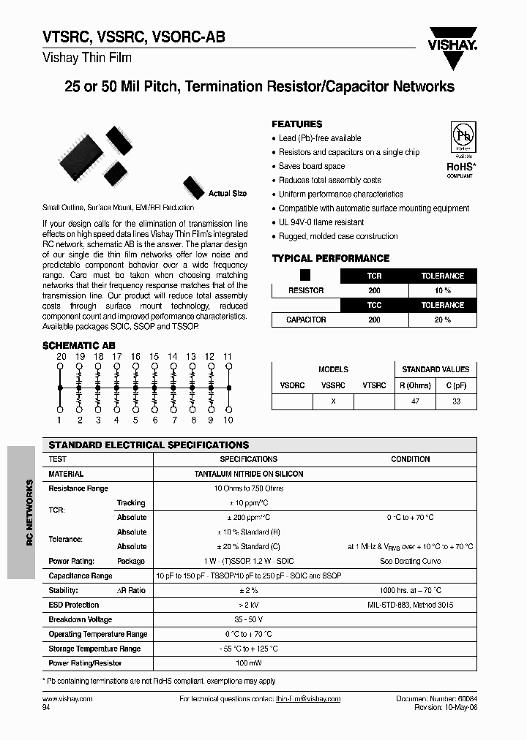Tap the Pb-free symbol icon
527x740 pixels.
click(x=462, y=137)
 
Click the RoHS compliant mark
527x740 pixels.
click(x=461, y=167)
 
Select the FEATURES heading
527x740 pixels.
click(x=296, y=124)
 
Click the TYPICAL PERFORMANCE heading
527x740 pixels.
click(x=330, y=258)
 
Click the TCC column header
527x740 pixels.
click(x=374, y=305)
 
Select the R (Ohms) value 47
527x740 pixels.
click(x=415, y=401)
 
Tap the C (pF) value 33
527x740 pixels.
click(x=457, y=401)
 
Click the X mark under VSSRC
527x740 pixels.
click(x=333, y=401)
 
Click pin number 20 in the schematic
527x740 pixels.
click(x=61, y=356)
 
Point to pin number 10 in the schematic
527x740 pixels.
click(x=228, y=420)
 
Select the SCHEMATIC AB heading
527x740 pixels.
click(x=79, y=345)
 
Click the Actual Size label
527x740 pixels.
click(x=228, y=194)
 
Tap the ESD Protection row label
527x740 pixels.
click(x=73, y=605)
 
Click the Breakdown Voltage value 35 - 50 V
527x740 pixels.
click(x=248, y=619)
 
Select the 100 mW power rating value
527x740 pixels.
click(x=248, y=663)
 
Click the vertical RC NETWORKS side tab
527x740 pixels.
click(x=29, y=513)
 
